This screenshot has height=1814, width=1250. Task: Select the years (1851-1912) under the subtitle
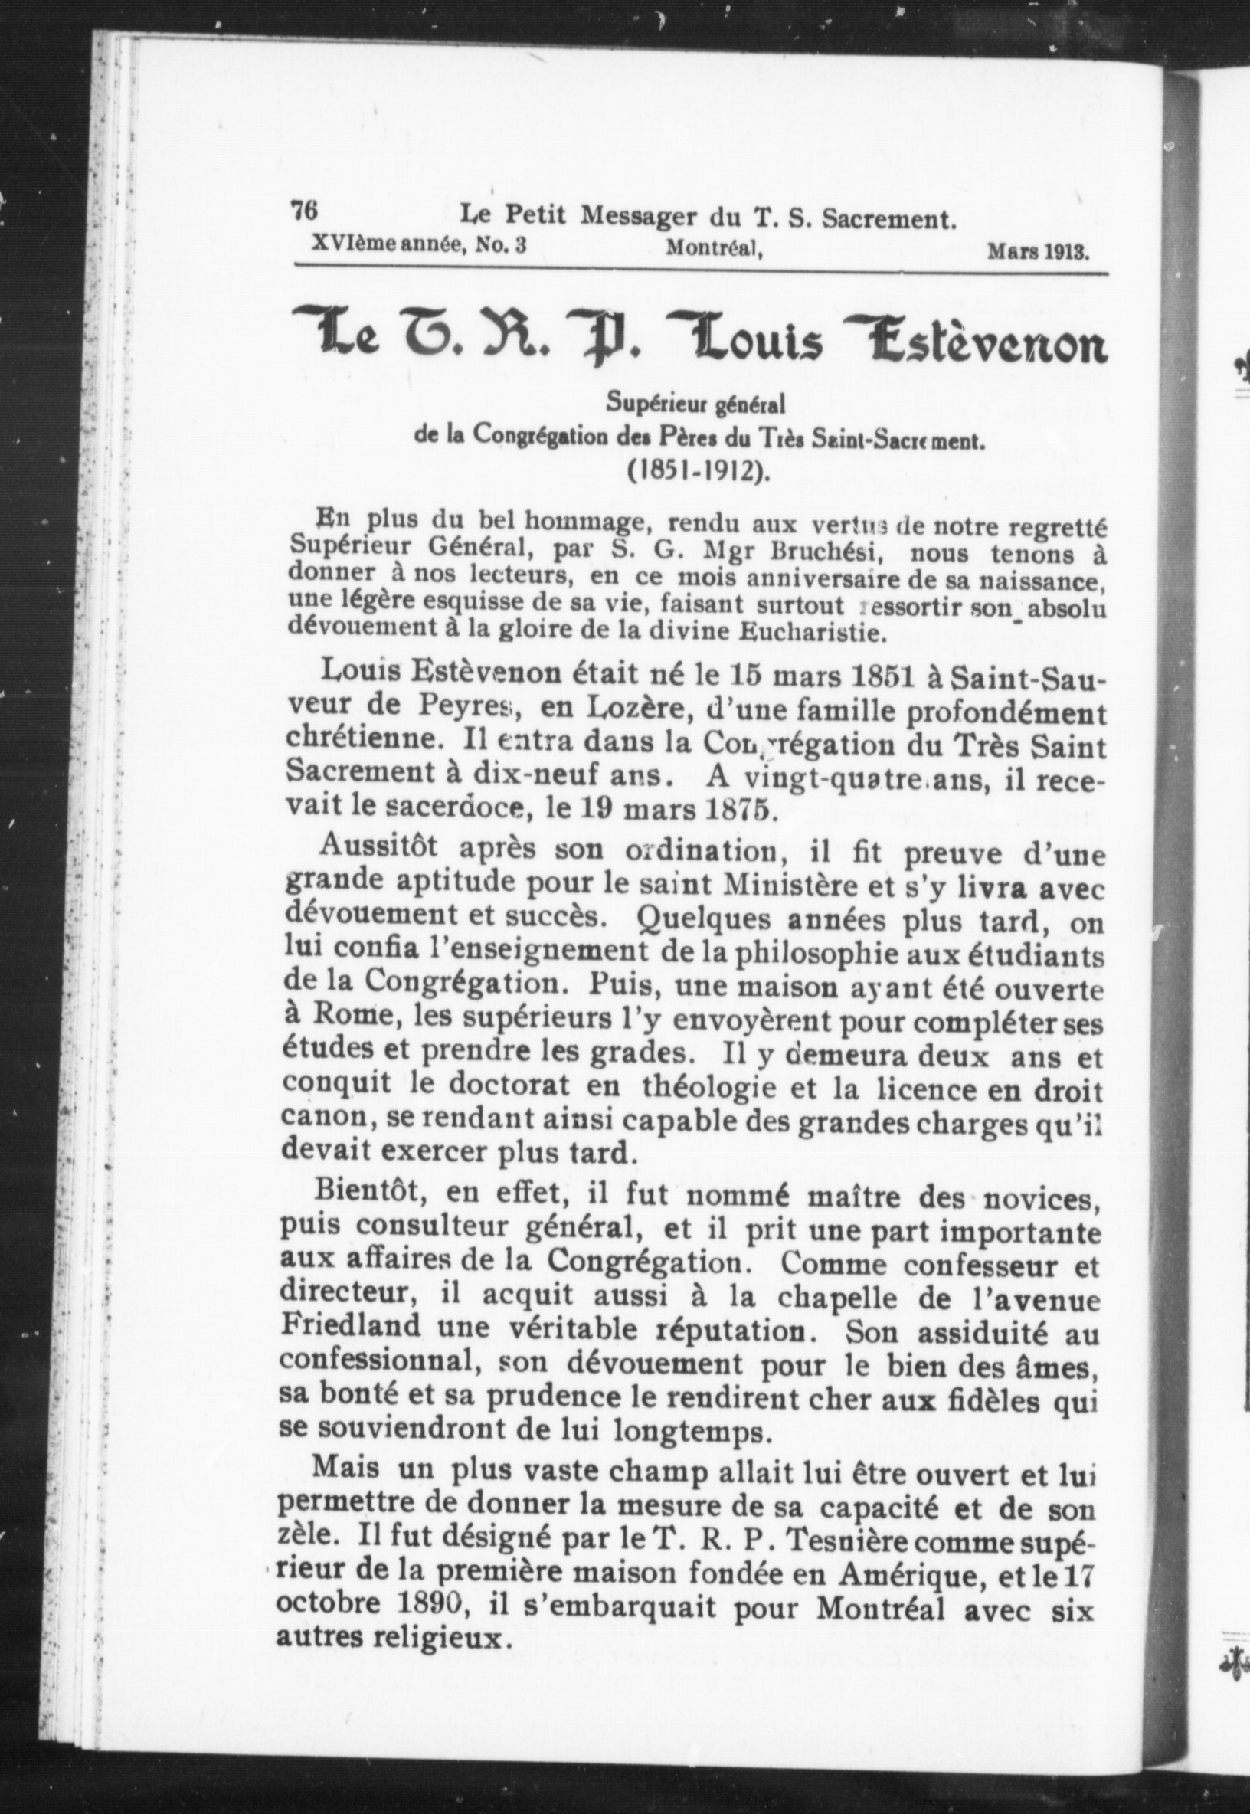697,473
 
